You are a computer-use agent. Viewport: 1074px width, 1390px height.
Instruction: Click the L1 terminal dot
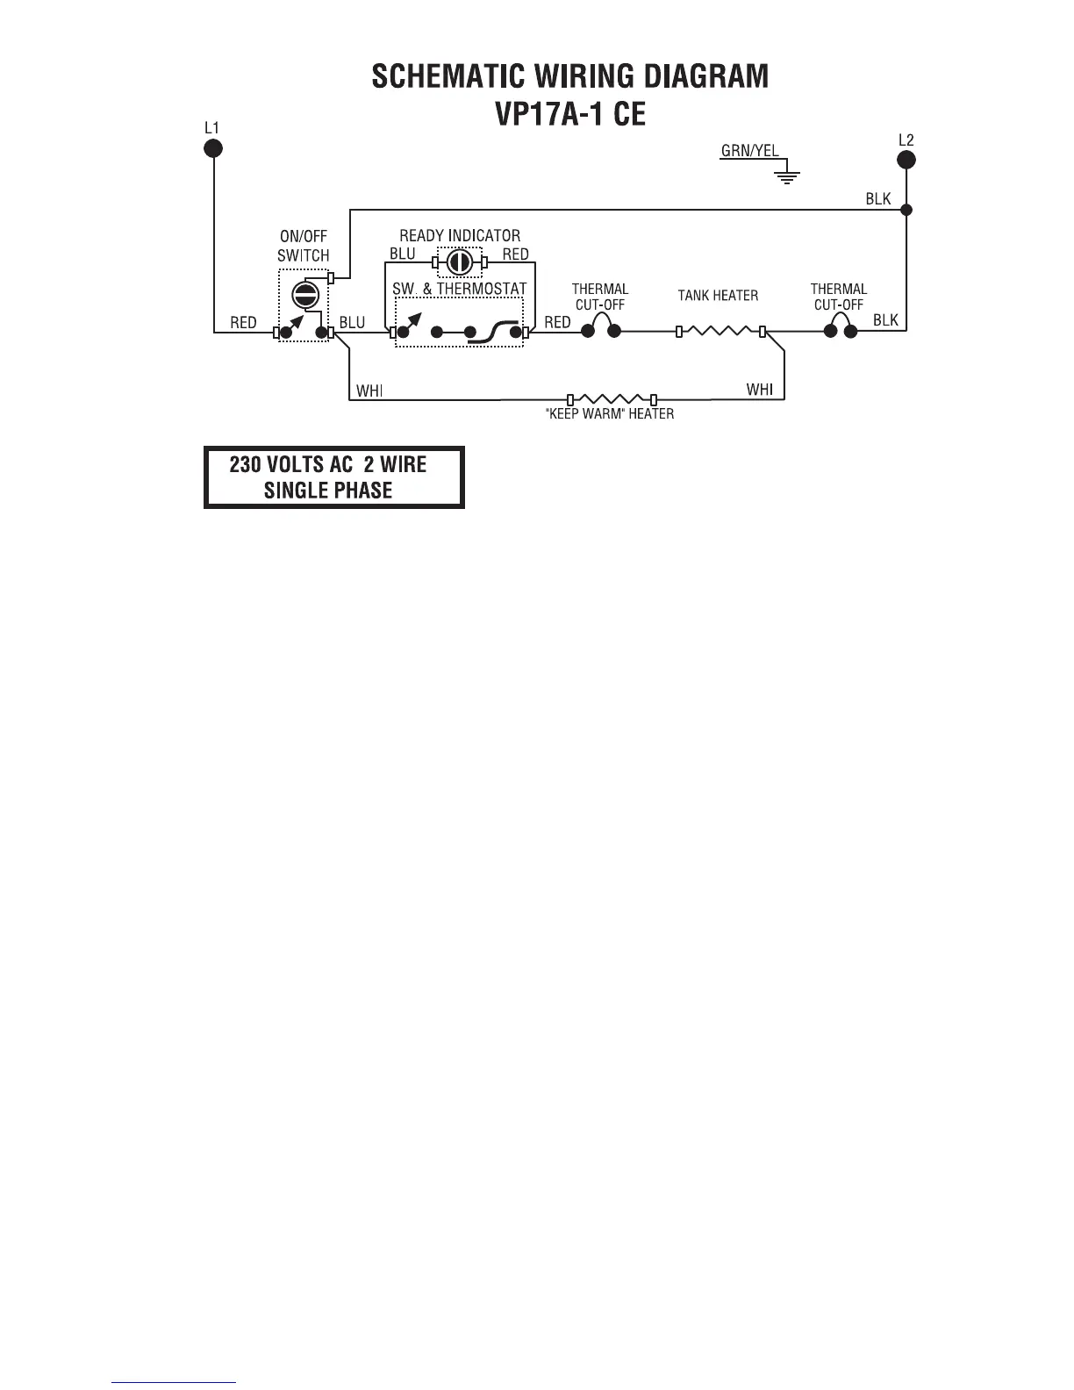point(213,147)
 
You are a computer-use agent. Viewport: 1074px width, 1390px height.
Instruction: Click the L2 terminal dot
point(906,159)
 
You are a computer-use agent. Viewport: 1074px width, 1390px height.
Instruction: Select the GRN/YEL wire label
point(749,151)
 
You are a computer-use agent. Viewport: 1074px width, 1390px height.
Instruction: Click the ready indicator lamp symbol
point(459,262)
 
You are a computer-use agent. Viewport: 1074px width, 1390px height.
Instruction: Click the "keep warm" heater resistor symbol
point(612,399)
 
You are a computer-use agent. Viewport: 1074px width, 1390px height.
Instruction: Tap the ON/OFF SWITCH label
point(304,247)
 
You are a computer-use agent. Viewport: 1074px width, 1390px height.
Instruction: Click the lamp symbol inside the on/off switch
point(304,294)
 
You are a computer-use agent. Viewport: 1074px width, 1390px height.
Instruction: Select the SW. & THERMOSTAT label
point(459,289)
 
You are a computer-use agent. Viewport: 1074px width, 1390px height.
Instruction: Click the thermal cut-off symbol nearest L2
point(840,328)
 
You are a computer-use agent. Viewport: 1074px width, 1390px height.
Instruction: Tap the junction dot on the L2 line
point(906,210)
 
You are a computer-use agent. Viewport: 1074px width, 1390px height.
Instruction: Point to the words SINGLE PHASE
point(328,490)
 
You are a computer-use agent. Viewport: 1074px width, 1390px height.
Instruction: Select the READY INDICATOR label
point(460,236)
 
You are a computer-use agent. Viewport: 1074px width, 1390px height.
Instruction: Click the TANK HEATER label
point(718,296)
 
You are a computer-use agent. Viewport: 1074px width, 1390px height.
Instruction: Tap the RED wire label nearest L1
point(243,323)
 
